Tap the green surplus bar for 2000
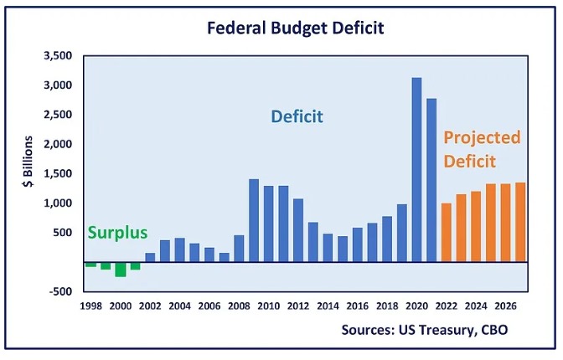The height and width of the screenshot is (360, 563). pyautogui.click(x=121, y=269)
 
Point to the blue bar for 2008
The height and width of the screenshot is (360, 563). pyautogui.click(x=239, y=248)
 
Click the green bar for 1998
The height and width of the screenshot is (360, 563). pyautogui.click(x=90, y=264)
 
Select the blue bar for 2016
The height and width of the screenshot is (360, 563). pyautogui.click(x=357, y=244)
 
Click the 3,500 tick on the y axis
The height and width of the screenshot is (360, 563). pyautogui.click(x=58, y=56)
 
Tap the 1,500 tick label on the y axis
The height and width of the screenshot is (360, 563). pyautogui.click(x=58, y=173)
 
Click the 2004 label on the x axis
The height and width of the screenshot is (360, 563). pyautogui.click(x=178, y=306)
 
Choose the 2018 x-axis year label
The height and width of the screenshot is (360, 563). pyautogui.click(x=387, y=306)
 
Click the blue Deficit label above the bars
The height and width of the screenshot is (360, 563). pyautogui.click(x=297, y=117)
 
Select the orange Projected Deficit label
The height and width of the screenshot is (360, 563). pyautogui.click(x=482, y=149)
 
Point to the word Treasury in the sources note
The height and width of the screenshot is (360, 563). pyautogui.click(x=441, y=330)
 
